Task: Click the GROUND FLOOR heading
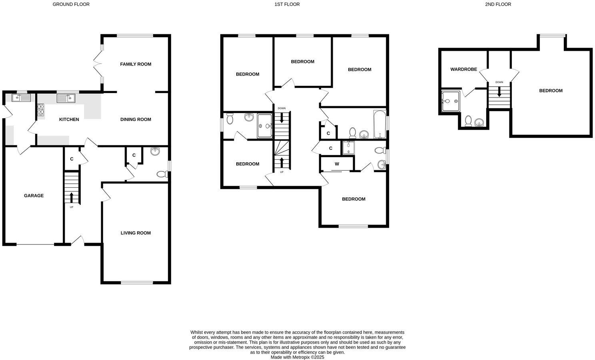tap(71, 4)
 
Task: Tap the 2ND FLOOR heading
tap(498, 4)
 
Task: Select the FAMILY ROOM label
tap(136, 64)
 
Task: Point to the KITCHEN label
tap(69, 119)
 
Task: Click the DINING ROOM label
tap(136, 119)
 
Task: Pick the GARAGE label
tap(34, 196)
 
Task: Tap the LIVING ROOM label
tap(136, 233)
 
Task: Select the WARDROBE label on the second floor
tap(463, 70)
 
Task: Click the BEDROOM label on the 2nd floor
tap(551, 91)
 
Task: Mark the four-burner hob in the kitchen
tap(41, 109)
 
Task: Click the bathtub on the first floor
tap(379, 124)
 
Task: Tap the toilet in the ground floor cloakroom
tap(162, 174)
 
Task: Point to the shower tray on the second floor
tap(451, 101)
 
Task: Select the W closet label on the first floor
tap(337, 164)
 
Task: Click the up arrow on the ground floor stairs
tap(72, 197)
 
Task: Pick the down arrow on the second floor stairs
tap(499, 92)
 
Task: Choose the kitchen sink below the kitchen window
tap(66, 97)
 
